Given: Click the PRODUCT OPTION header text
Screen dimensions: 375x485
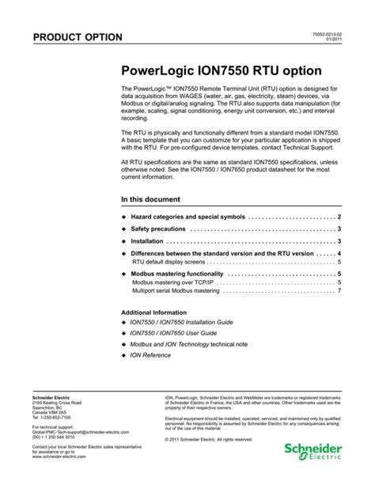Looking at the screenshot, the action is [77, 37].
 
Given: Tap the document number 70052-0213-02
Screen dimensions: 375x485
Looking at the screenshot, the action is [324, 34].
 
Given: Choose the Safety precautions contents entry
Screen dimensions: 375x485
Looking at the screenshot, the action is [163, 229].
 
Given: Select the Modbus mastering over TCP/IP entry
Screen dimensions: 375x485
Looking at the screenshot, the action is [174, 282].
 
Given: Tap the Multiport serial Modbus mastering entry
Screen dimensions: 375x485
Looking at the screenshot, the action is [176, 290].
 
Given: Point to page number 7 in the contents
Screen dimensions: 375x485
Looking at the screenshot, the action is [339, 290].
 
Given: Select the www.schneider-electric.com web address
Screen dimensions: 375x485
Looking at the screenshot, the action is [63, 457].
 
